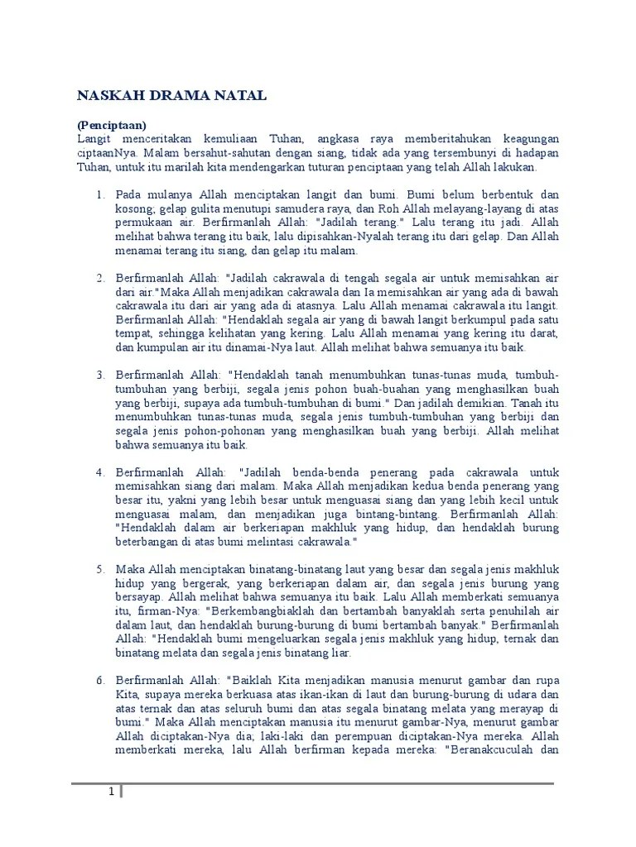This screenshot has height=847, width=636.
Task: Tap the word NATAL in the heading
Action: (x=240, y=96)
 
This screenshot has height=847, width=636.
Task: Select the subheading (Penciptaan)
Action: (x=112, y=124)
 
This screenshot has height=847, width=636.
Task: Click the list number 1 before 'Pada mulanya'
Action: (x=99, y=194)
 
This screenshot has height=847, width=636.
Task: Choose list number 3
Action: (x=99, y=375)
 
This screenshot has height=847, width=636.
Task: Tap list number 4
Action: (x=99, y=472)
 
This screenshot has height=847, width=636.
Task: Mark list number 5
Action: (x=99, y=570)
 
